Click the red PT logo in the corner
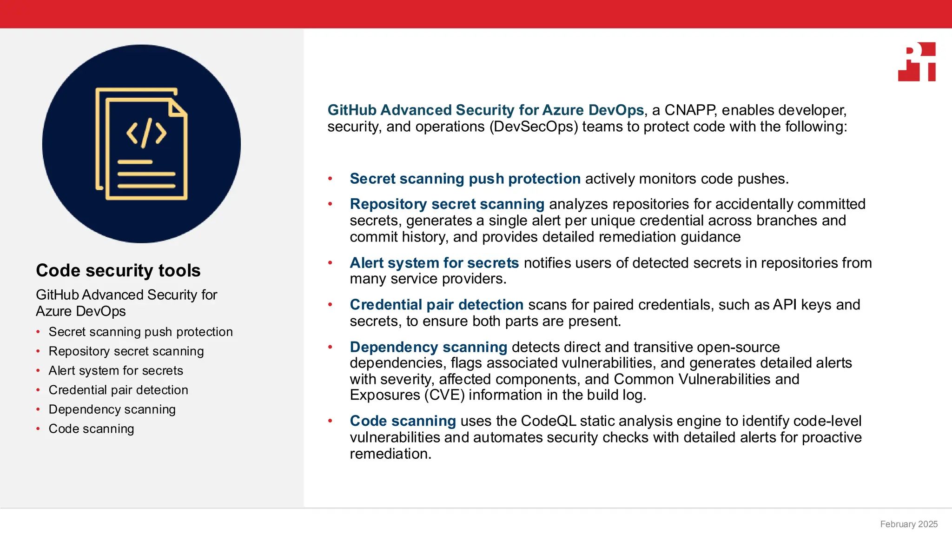pyautogui.click(x=917, y=62)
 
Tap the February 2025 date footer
pyautogui.click(x=909, y=524)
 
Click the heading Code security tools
pyautogui.click(x=118, y=270)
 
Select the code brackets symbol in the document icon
pyautogui.click(x=146, y=133)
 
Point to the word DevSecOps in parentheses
pyautogui.click(x=534, y=127)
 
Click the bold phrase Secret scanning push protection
pyautogui.click(x=465, y=179)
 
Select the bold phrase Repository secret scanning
pyautogui.click(x=447, y=204)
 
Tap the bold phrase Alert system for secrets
pyautogui.click(x=434, y=263)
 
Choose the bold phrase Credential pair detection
pyautogui.click(x=436, y=305)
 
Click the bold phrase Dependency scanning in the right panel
pyautogui.click(x=428, y=347)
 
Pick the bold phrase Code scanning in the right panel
pyautogui.click(x=403, y=421)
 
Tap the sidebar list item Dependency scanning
pyautogui.click(x=112, y=409)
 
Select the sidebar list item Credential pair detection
pyautogui.click(x=118, y=390)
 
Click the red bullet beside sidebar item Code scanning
pyautogui.click(x=38, y=429)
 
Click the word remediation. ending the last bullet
pyautogui.click(x=390, y=454)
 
